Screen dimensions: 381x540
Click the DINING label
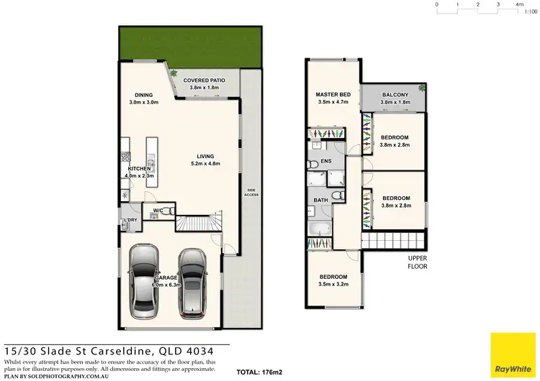coord(143,95)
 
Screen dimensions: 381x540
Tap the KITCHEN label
coord(139,169)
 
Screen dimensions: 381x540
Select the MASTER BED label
coord(333,95)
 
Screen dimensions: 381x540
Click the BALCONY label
coord(395,95)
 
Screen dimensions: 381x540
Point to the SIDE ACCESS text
coord(251,192)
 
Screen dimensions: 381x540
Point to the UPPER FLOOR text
coord(418,262)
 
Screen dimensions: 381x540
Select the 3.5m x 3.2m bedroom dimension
coord(333,285)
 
